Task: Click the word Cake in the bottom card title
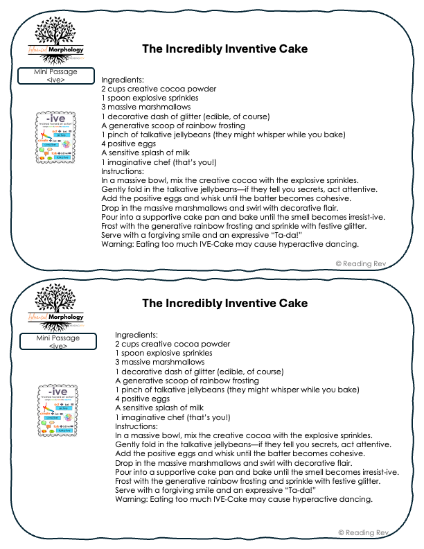pyautogui.click(x=294, y=304)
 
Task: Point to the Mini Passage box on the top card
pyautogui.click(x=55, y=76)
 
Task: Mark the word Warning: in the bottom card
pyautogui.click(x=132, y=499)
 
